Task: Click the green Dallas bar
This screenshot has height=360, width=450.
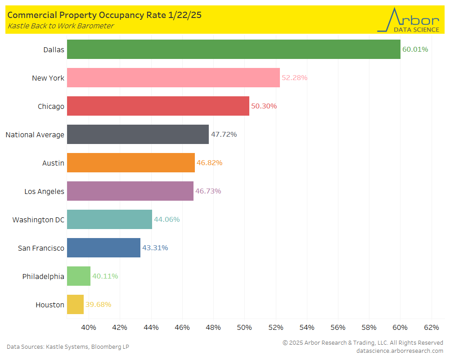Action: point(234,49)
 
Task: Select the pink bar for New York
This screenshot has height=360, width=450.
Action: point(173,77)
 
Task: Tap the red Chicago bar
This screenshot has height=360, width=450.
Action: point(158,106)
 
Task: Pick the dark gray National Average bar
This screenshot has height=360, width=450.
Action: point(138,134)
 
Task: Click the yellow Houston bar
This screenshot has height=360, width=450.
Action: point(75,305)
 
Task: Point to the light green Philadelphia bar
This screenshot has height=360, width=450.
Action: point(79,276)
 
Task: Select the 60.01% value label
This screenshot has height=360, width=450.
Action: point(415,49)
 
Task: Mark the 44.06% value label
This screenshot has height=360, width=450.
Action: point(167,220)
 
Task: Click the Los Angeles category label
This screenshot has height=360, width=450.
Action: point(44,191)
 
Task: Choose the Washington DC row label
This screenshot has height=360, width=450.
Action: point(38,220)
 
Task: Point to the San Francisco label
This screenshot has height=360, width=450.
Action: point(41,248)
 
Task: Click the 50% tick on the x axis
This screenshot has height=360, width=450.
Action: point(244,327)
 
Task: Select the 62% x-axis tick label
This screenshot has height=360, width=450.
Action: point(432,327)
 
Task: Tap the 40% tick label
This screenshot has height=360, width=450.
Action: point(89,327)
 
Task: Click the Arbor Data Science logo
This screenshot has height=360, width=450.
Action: point(408,20)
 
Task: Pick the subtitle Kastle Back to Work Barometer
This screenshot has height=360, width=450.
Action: point(60,26)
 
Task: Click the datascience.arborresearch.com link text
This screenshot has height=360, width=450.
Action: point(400,351)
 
